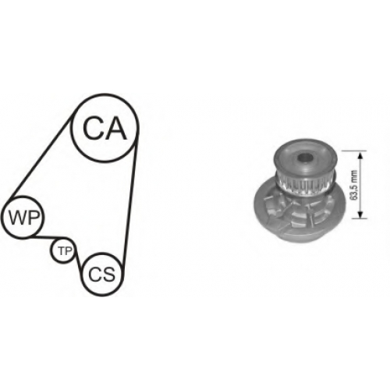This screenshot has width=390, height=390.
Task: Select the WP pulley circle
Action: pos(23,197)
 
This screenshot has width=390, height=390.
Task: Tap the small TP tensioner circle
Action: pos(64,239)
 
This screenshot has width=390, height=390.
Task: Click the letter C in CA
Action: pos(92,128)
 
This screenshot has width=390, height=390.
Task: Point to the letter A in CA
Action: pos(116,128)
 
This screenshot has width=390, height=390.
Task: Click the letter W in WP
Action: pos(18,218)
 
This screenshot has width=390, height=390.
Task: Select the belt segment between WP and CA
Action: pos(39,160)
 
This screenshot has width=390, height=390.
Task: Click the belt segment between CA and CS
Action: pos(131,205)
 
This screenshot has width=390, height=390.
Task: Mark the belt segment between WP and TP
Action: pos(47,237)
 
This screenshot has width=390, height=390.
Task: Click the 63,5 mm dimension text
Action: pos(354,185)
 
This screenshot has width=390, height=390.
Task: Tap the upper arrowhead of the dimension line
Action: pos(360,155)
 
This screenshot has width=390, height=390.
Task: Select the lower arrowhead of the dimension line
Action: pos(360,214)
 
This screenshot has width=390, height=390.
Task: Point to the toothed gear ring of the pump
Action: pos(304,185)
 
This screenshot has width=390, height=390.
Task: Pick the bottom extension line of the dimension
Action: pos(360,218)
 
